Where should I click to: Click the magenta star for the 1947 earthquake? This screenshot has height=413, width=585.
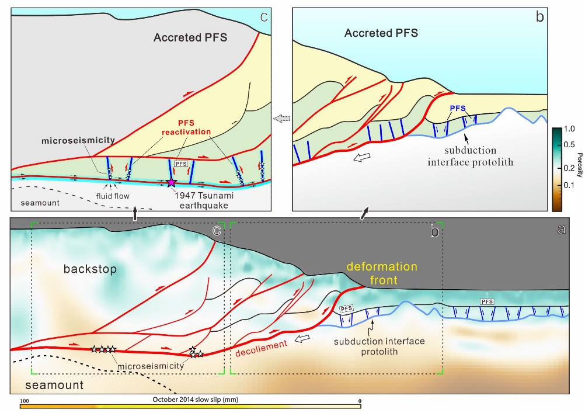pyautogui.click(x=171, y=183)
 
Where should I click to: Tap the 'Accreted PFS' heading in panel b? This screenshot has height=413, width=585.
pyautogui.click(x=381, y=33)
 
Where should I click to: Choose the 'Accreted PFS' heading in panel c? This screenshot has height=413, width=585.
pyautogui.click(x=190, y=38)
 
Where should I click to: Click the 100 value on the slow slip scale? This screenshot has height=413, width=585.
pyautogui.click(x=25, y=400)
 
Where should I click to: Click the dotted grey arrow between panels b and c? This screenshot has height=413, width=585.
pyautogui.click(x=281, y=119)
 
